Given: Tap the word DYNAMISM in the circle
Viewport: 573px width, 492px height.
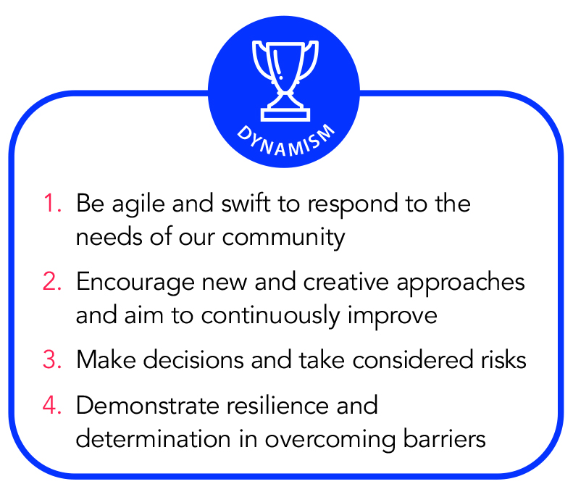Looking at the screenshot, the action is (x=285, y=141).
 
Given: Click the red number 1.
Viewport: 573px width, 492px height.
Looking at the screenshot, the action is (x=52, y=203).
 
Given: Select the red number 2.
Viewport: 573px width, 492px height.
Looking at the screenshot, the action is (x=52, y=281).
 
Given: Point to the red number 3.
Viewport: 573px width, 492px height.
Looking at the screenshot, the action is (x=52, y=359).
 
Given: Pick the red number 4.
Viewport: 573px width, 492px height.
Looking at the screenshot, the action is (x=52, y=405).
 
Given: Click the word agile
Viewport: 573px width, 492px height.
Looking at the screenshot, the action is (x=138, y=204).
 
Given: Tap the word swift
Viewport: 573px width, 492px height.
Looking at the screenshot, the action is (x=246, y=203).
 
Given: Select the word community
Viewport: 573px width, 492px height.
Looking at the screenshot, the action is (x=283, y=238).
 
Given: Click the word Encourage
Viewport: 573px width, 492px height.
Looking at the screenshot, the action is (x=135, y=283).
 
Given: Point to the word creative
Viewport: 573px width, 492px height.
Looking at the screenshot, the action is (x=346, y=282).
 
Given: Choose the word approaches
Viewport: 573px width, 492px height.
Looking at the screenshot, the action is (x=461, y=283).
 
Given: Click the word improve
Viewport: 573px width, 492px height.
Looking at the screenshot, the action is (x=392, y=317).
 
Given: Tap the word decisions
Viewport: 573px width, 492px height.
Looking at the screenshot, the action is (x=193, y=359).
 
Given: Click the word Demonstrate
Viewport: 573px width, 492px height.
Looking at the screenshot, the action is (x=147, y=405).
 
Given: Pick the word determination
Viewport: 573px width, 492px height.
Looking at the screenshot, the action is (x=153, y=438).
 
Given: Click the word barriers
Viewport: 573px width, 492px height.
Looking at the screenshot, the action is (x=444, y=438).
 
